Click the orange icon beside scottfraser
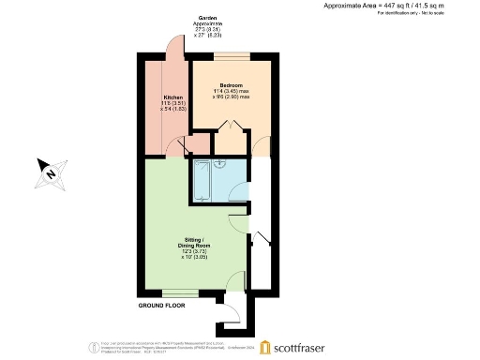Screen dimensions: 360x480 [265, 346]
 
